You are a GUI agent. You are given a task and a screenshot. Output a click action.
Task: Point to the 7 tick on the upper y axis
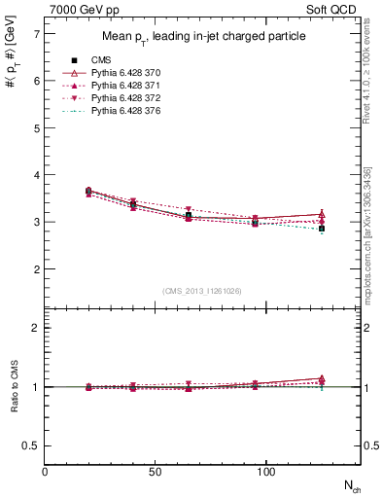pos(36,34)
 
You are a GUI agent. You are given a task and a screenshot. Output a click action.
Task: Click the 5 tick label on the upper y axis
pos(36,128)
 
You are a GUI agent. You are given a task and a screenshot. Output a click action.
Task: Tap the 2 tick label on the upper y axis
pos(36,269)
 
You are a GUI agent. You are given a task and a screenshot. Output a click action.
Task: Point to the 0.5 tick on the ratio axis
pos(32,445)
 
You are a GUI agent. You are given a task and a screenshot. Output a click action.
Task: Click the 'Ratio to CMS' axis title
pos(14,387)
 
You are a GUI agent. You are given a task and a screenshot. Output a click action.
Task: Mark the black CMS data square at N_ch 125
pos(322,229)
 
